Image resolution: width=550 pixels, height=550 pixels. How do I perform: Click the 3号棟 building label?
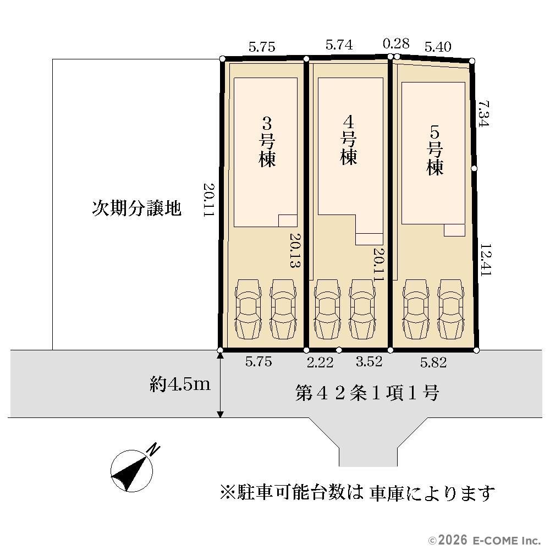(x=267, y=142)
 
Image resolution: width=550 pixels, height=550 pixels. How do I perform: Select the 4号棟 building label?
(x=348, y=140)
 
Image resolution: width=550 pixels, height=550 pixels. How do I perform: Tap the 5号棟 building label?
(x=435, y=151)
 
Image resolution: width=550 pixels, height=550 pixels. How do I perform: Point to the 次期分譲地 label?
(x=137, y=208)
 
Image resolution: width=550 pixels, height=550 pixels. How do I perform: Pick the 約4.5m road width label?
(x=180, y=384)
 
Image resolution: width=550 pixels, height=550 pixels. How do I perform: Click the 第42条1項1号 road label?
(x=367, y=393)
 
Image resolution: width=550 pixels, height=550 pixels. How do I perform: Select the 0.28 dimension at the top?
(x=396, y=43)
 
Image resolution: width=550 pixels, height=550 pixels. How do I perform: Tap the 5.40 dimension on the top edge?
(x=438, y=47)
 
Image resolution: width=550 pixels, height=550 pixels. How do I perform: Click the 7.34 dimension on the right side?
(x=483, y=114)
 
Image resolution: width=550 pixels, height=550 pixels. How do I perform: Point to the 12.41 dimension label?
(x=485, y=260)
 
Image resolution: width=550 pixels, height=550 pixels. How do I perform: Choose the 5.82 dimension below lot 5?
(x=433, y=362)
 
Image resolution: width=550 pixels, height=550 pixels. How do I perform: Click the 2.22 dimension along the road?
(x=320, y=362)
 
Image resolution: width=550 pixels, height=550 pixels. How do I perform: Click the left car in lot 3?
(x=248, y=309)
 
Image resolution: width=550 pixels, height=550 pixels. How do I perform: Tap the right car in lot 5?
(x=451, y=309)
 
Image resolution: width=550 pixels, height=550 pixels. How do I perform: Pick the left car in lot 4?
(x=327, y=309)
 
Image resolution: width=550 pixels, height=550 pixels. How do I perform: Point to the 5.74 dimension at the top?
(x=339, y=45)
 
